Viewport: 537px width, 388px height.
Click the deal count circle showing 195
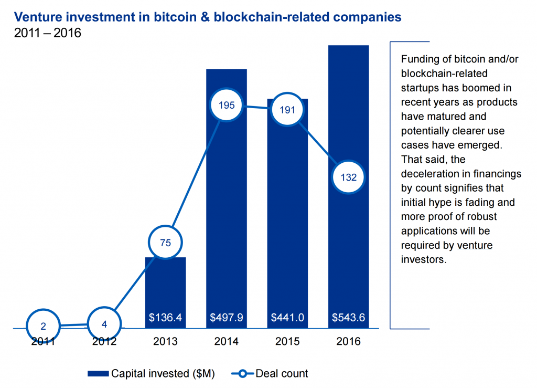[x=227, y=105]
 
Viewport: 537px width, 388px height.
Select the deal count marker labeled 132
[x=348, y=177]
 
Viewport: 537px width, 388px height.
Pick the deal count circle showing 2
[x=44, y=326]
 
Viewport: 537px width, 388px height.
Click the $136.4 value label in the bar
[x=166, y=318]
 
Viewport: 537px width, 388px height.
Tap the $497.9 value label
[x=227, y=318]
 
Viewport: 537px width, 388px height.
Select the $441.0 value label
[x=287, y=318]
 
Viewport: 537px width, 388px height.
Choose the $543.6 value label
[x=348, y=318]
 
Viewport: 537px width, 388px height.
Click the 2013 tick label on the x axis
[x=166, y=342]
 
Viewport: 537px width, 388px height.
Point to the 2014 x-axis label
[x=227, y=342]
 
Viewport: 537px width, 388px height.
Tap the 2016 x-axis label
[x=348, y=342]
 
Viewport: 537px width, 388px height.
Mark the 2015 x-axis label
[x=287, y=342]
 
